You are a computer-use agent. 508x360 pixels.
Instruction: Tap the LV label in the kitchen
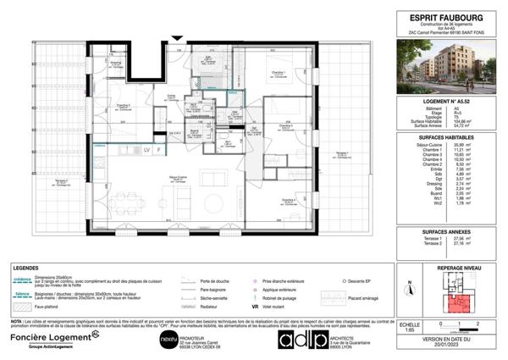click(146, 149)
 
